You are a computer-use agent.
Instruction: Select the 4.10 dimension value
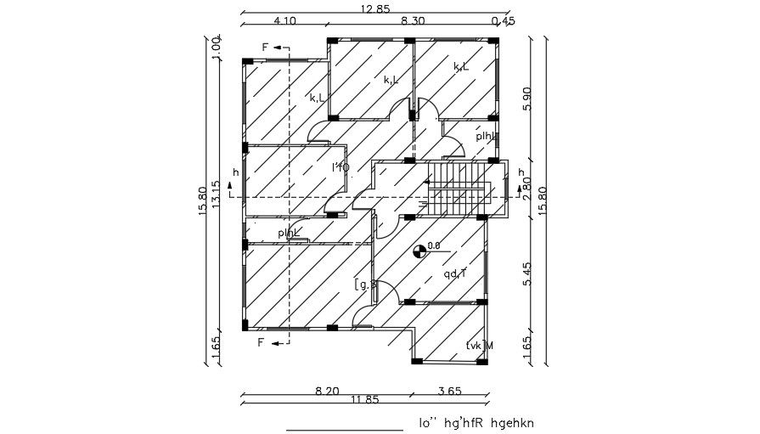(x=284, y=21)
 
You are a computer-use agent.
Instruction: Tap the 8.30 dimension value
(x=414, y=21)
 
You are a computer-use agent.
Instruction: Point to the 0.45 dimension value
(x=503, y=21)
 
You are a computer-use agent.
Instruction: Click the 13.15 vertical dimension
(x=217, y=195)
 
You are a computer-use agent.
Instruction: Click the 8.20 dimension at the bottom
(x=327, y=392)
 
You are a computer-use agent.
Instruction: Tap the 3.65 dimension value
(x=449, y=392)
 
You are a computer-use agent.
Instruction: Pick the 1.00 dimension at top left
(x=217, y=46)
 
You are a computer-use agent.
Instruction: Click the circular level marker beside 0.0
(x=418, y=251)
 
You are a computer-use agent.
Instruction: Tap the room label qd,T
(x=456, y=273)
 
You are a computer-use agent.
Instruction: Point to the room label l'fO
(x=341, y=167)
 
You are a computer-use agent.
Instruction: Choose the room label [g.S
(x=365, y=285)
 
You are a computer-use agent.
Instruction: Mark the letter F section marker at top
(x=265, y=48)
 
